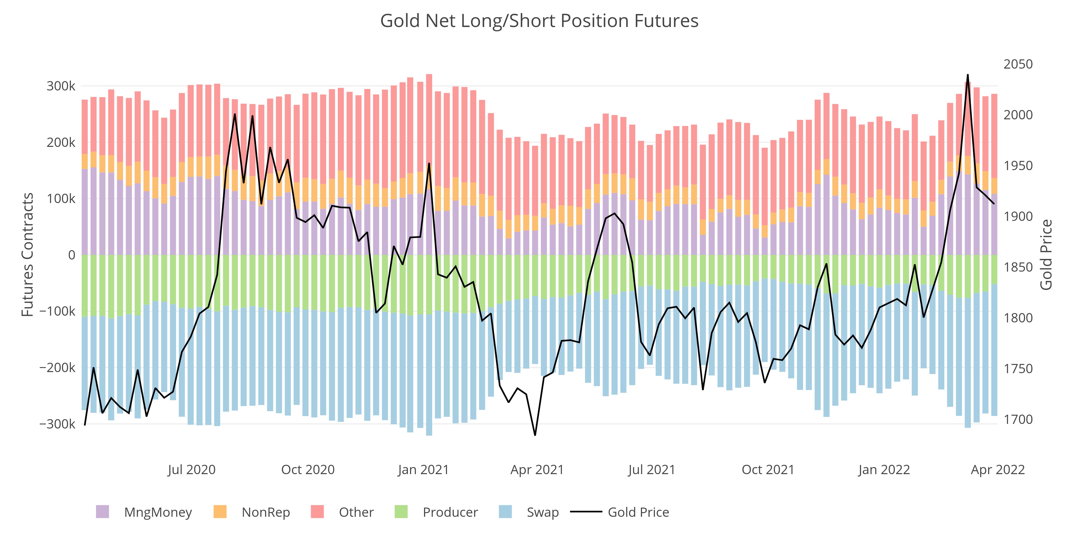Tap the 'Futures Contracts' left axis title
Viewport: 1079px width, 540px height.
(x=28, y=255)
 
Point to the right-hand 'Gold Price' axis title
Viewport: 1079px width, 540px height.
(x=1046, y=255)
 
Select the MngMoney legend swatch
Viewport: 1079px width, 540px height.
(x=102, y=512)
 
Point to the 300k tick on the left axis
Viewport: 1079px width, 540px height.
(x=61, y=86)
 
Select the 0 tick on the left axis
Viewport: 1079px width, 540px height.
(x=72, y=255)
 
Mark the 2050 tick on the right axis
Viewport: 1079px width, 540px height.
(x=1018, y=64)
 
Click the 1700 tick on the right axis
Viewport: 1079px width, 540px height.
(x=1018, y=419)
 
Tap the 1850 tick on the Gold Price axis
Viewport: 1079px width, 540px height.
(x=1018, y=267)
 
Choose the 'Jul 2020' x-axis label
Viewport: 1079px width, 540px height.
(x=192, y=470)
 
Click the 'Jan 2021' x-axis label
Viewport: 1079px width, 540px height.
(x=423, y=470)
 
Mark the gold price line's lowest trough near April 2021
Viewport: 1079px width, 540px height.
(x=535, y=435)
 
